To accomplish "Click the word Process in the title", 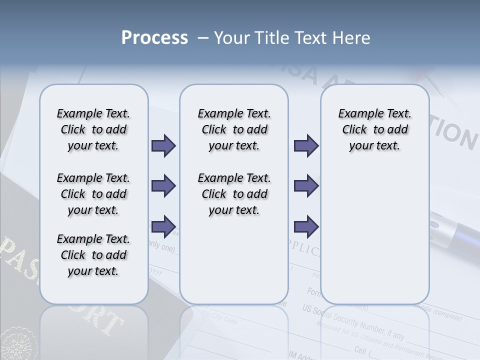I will [x=154, y=38].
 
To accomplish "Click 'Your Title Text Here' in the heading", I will [x=292, y=38].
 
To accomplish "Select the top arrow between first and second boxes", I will [x=163, y=146].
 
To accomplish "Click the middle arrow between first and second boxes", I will [x=163, y=186].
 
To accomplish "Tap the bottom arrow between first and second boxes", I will [x=163, y=226].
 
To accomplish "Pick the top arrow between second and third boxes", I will [x=306, y=146].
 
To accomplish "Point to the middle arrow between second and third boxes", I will [x=306, y=186].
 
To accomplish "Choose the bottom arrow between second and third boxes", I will [x=306, y=226].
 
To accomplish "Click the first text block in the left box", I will [x=93, y=129].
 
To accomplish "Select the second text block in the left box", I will [x=93, y=194].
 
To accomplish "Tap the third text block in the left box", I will [x=93, y=255].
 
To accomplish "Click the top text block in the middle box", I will [x=234, y=129].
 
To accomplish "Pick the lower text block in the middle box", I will [x=234, y=194].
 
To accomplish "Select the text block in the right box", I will [x=374, y=129].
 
